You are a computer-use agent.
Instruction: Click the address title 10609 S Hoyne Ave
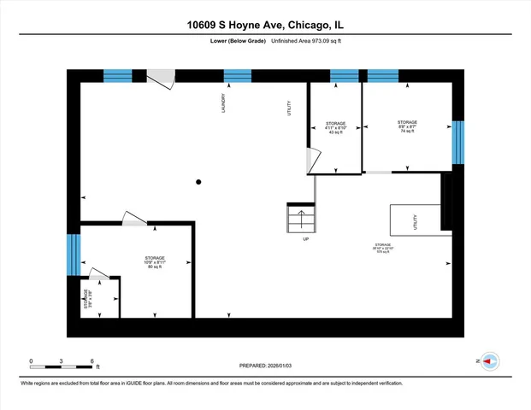click(x=265, y=25)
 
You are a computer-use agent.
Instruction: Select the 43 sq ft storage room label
click(x=335, y=128)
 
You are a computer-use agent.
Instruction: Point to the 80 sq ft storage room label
click(x=154, y=262)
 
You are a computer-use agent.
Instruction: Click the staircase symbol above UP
click(x=301, y=219)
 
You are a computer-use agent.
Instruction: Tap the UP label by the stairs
click(x=305, y=239)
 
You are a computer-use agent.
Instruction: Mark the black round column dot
click(x=198, y=181)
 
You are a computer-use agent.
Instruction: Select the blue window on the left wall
click(x=74, y=255)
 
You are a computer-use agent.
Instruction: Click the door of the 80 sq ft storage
click(x=134, y=219)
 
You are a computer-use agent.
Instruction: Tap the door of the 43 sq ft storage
click(x=313, y=160)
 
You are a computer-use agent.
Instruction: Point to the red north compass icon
click(x=489, y=361)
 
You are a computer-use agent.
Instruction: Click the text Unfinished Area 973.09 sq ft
click(x=307, y=41)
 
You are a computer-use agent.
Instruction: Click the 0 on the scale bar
click(x=31, y=360)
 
